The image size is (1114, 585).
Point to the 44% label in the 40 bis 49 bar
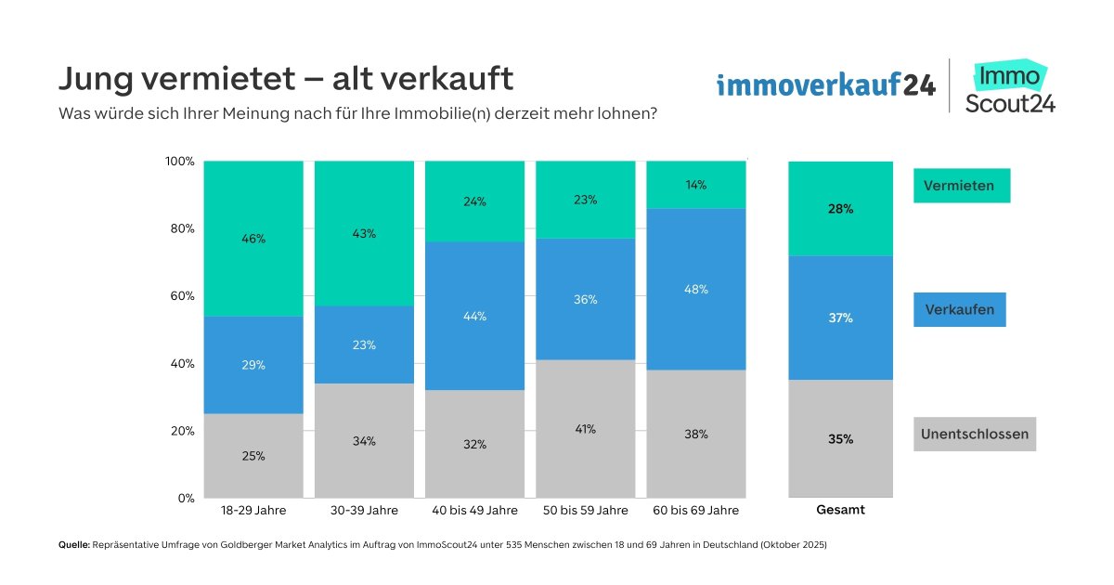pos(475,317)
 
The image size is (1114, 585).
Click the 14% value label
pos(696,185)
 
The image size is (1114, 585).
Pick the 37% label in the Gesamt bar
pos(840,318)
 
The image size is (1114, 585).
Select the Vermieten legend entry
pos(961,186)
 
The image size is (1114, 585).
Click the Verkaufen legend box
pos(960,310)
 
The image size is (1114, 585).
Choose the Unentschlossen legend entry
pos(975,435)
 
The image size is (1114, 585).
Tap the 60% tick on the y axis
pos(180,296)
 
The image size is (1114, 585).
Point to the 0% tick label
pos(184,499)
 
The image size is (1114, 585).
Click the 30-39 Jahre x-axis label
pos(364,511)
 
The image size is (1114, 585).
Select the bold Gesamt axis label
pos(840,511)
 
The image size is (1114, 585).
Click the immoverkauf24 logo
pos(825,86)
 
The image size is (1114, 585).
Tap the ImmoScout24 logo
pos(1010,86)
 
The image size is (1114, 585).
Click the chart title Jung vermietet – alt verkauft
pos(286,79)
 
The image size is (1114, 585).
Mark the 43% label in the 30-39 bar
pos(364,234)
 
